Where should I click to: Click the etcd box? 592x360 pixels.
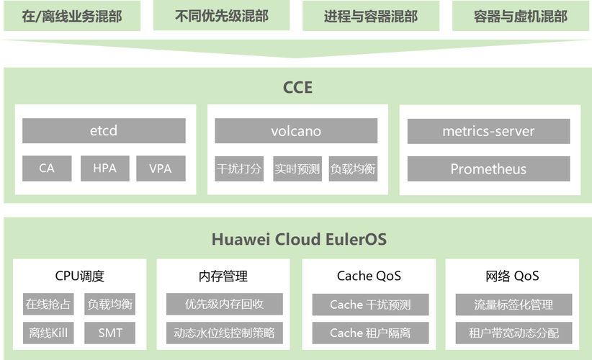pyautogui.click(x=104, y=131)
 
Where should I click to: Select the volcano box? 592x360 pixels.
pyautogui.click(x=296, y=131)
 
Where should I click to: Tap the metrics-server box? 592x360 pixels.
pyautogui.click(x=488, y=131)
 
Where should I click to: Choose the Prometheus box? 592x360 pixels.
pyautogui.click(x=488, y=169)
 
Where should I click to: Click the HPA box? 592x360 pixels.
pyautogui.click(x=104, y=168)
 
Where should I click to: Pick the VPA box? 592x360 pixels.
pyautogui.click(x=161, y=168)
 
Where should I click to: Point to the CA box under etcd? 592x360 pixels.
pyautogui.click(x=47, y=168)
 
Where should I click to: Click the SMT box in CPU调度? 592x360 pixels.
pyautogui.click(x=109, y=333)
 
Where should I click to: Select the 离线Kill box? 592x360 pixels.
pyautogui.click(x=48, y=333)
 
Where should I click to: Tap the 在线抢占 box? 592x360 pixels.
pyautogui.click(x=48, y=304)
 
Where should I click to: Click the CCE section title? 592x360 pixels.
pyautogui.click(x=297, y=88)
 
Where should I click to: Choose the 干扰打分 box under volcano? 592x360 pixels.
pyautogui.click(x=240, y=169)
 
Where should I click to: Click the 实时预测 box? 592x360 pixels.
pyautogui.click(x=297, y=169)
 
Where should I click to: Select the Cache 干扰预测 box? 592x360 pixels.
pyautogui.click(x=370, y=305)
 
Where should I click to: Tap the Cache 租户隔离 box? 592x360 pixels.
pyautogui.click(x=370, y=333)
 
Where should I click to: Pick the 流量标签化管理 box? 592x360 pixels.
pyautogui.click(x=513, y=305)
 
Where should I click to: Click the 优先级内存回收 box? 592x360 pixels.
pyautogui.click(x=224, y=304)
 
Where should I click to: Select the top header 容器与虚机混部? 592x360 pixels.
pyautogui.click(x=520, y=16)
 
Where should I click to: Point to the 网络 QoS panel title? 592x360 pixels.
pyautogui.click(x=513, y=276)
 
